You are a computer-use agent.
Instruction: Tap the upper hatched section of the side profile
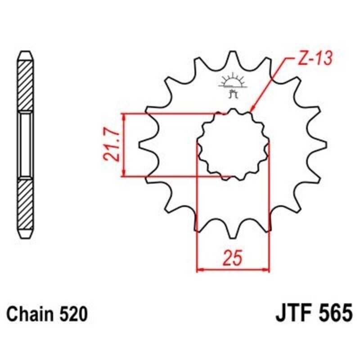click(x=25, y=83)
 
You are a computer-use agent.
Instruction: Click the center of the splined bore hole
click(x=233, y=145)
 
